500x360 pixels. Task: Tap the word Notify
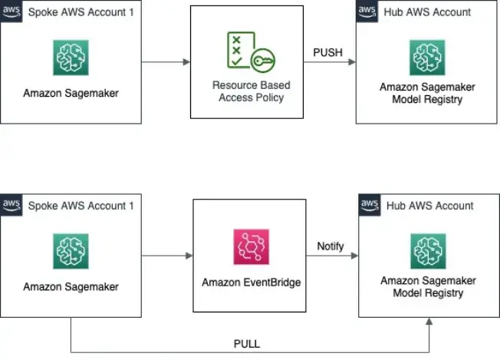[331, 246]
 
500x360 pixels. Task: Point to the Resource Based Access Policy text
[250, 92]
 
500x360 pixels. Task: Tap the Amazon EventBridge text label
[251, 282]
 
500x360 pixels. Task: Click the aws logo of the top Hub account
[368, 11]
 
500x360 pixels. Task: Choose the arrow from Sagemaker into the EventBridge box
[167, 256]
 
